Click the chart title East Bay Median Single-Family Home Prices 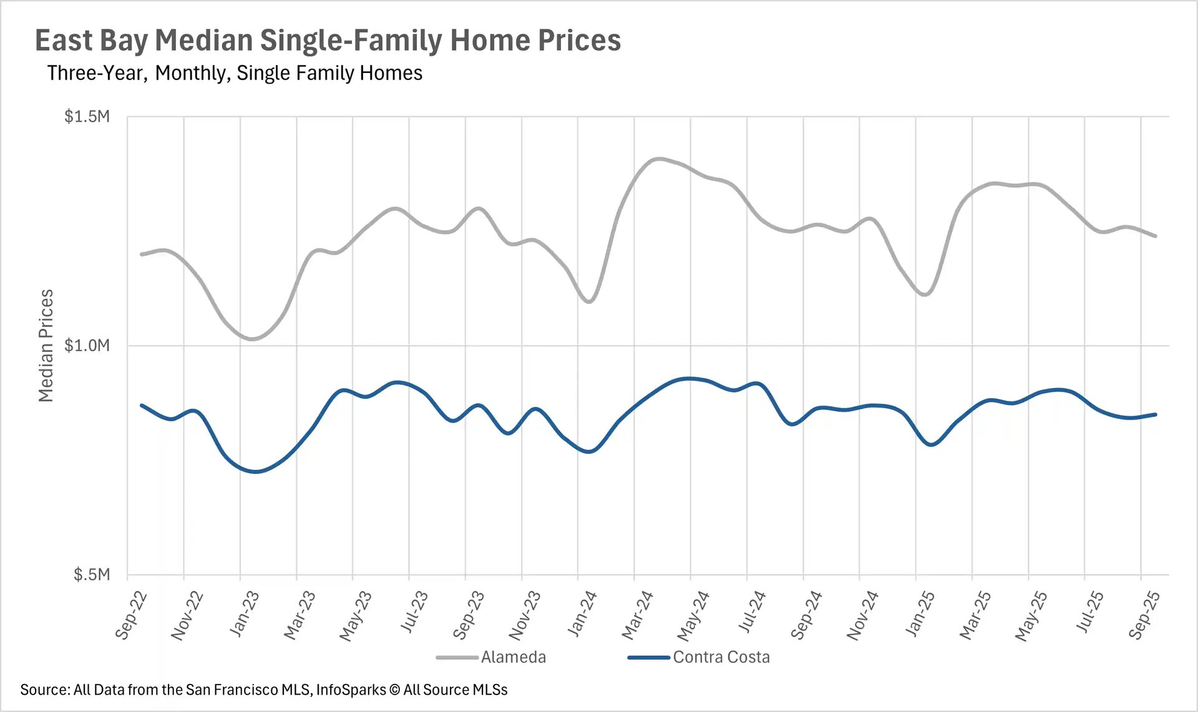click(328, 41)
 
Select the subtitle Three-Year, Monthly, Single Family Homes click(235, 73)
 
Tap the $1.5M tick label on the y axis click(87, 117)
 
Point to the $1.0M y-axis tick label click(87, 345)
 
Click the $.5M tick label click(91, 574)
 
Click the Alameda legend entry click(513, 657)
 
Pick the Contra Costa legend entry click(721, 657)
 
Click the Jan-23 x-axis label click(244, 614)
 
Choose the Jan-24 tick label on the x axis click(582, 614)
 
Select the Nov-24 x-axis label click(862, 616)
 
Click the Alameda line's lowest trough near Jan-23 click(253, 339)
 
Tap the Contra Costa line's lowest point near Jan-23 click(255, 471)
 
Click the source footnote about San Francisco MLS click(263, 690)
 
